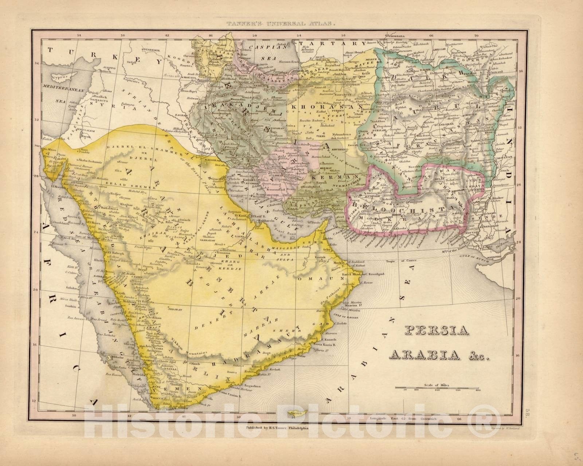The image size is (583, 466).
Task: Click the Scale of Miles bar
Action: [x=436, y=387]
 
